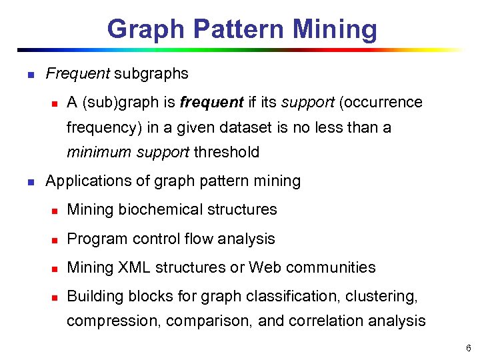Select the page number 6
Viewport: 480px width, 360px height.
tap(469, 348)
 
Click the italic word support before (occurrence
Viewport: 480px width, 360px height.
tap(308, 103)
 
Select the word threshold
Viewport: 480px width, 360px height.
tap(226, 152)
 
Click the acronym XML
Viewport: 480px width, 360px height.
tap(136, 267)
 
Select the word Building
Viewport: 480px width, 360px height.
tap(93, 297)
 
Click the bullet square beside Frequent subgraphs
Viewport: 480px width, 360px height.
tap(29, 75)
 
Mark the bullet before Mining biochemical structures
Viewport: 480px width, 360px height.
tap(55, 211)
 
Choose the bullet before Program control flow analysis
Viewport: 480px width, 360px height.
tap(55, 240)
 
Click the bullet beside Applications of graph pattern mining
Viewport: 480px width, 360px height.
tap(29, 181)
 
